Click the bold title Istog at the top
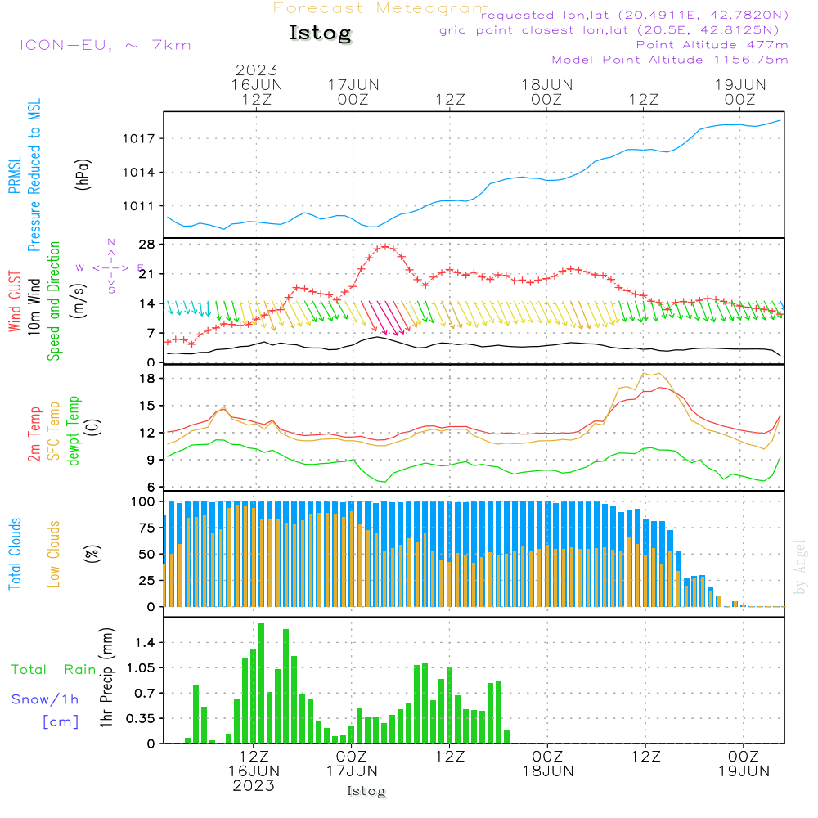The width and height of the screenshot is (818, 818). click(320, 34)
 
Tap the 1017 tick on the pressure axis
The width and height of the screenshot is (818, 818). click(143, 138)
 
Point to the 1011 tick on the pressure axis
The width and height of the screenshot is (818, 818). click(143, 205)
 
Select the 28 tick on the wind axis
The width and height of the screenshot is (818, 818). click(146, 244)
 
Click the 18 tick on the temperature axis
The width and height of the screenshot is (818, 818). click(146, 379)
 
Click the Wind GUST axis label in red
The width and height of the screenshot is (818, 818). click(15, 303)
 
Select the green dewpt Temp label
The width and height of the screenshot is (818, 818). click(74, 431)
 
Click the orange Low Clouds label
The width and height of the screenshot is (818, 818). click(54, 553)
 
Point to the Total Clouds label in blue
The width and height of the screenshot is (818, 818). click(15, 553)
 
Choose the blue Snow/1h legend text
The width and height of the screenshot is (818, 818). click(45, 699)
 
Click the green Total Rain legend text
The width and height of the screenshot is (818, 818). click(53, 670)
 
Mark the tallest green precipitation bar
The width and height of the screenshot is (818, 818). click(261, 683)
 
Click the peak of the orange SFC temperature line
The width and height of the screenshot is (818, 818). click(652, 372)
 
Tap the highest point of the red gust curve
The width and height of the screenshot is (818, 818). click(385, 246)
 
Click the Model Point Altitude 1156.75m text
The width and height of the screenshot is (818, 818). click(670, 60)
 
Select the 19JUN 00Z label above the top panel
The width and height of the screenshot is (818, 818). click(739, 92)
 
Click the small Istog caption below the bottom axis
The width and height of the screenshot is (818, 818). click(366, 791)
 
